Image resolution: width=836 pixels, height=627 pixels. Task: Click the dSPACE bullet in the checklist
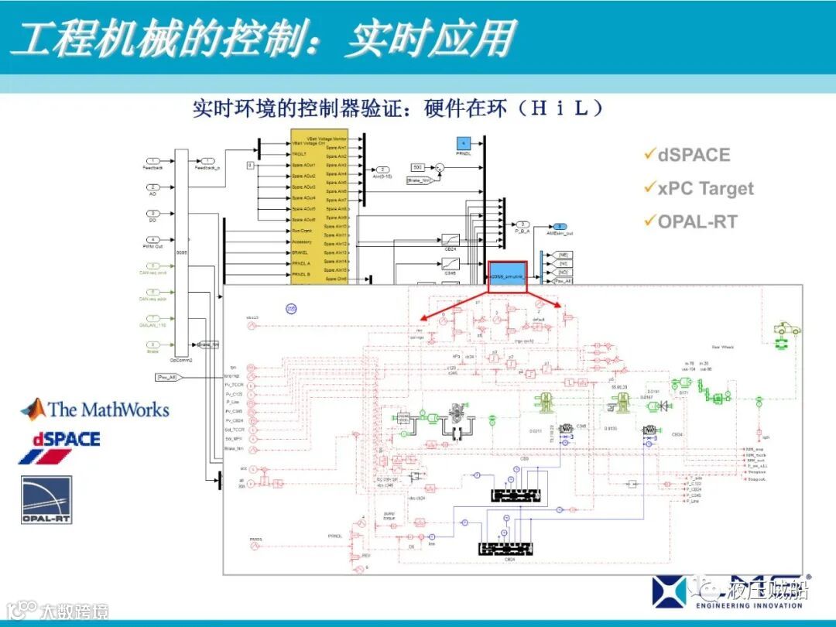click(x=693, y=155)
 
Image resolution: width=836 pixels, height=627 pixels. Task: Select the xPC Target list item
click(x=704, y=188)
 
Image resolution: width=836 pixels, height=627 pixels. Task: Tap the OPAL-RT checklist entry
click(x=697, y=222)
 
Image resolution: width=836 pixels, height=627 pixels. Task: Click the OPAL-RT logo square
click(x=46, y=499)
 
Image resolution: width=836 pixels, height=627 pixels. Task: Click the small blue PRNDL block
click(x=463, y=144)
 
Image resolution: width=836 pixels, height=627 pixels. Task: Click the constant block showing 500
click(x=417, y=167)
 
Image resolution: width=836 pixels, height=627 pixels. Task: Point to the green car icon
click(x=788, y=330)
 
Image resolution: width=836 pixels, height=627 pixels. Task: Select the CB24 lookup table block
click(x=451, y=240)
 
